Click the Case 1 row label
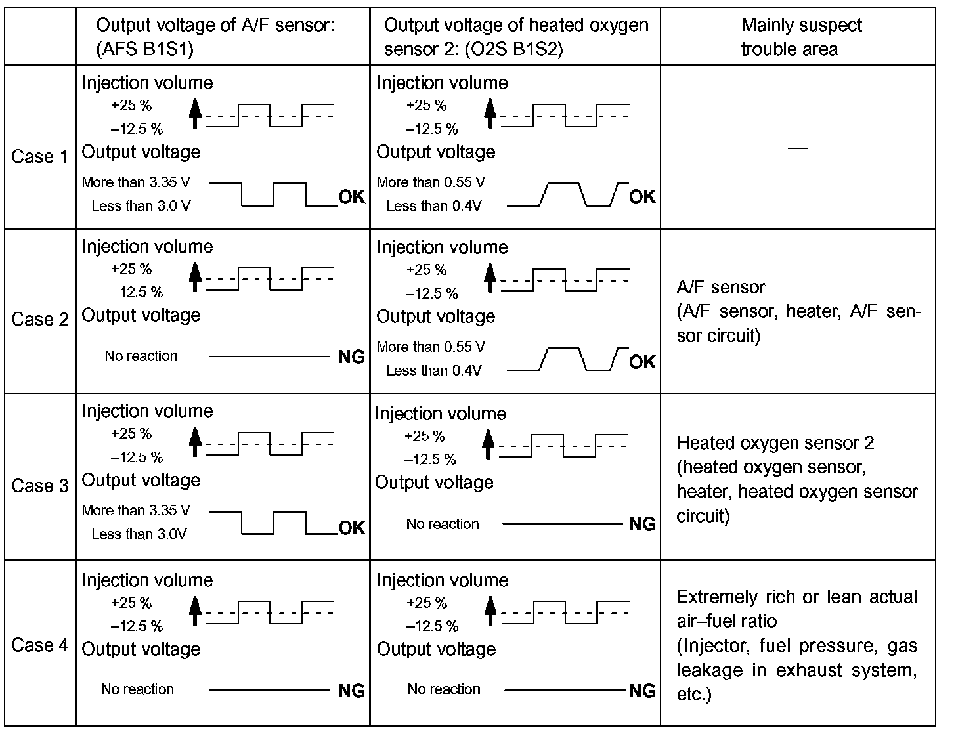39,157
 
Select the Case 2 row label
39,320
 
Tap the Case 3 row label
39,486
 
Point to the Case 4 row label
39,645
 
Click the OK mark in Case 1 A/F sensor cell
352,197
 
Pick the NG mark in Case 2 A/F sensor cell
352,357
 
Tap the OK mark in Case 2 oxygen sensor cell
642,362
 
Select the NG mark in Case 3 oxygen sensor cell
642,524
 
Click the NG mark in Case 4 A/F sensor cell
352,690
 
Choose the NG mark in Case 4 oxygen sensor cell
642,690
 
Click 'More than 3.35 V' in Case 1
136,182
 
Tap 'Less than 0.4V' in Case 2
433,371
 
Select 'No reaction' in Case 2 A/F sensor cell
141,356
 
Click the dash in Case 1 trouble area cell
798,149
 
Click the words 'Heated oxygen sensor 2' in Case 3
775,443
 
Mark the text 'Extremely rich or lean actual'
797,597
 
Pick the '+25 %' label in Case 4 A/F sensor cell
131,603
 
